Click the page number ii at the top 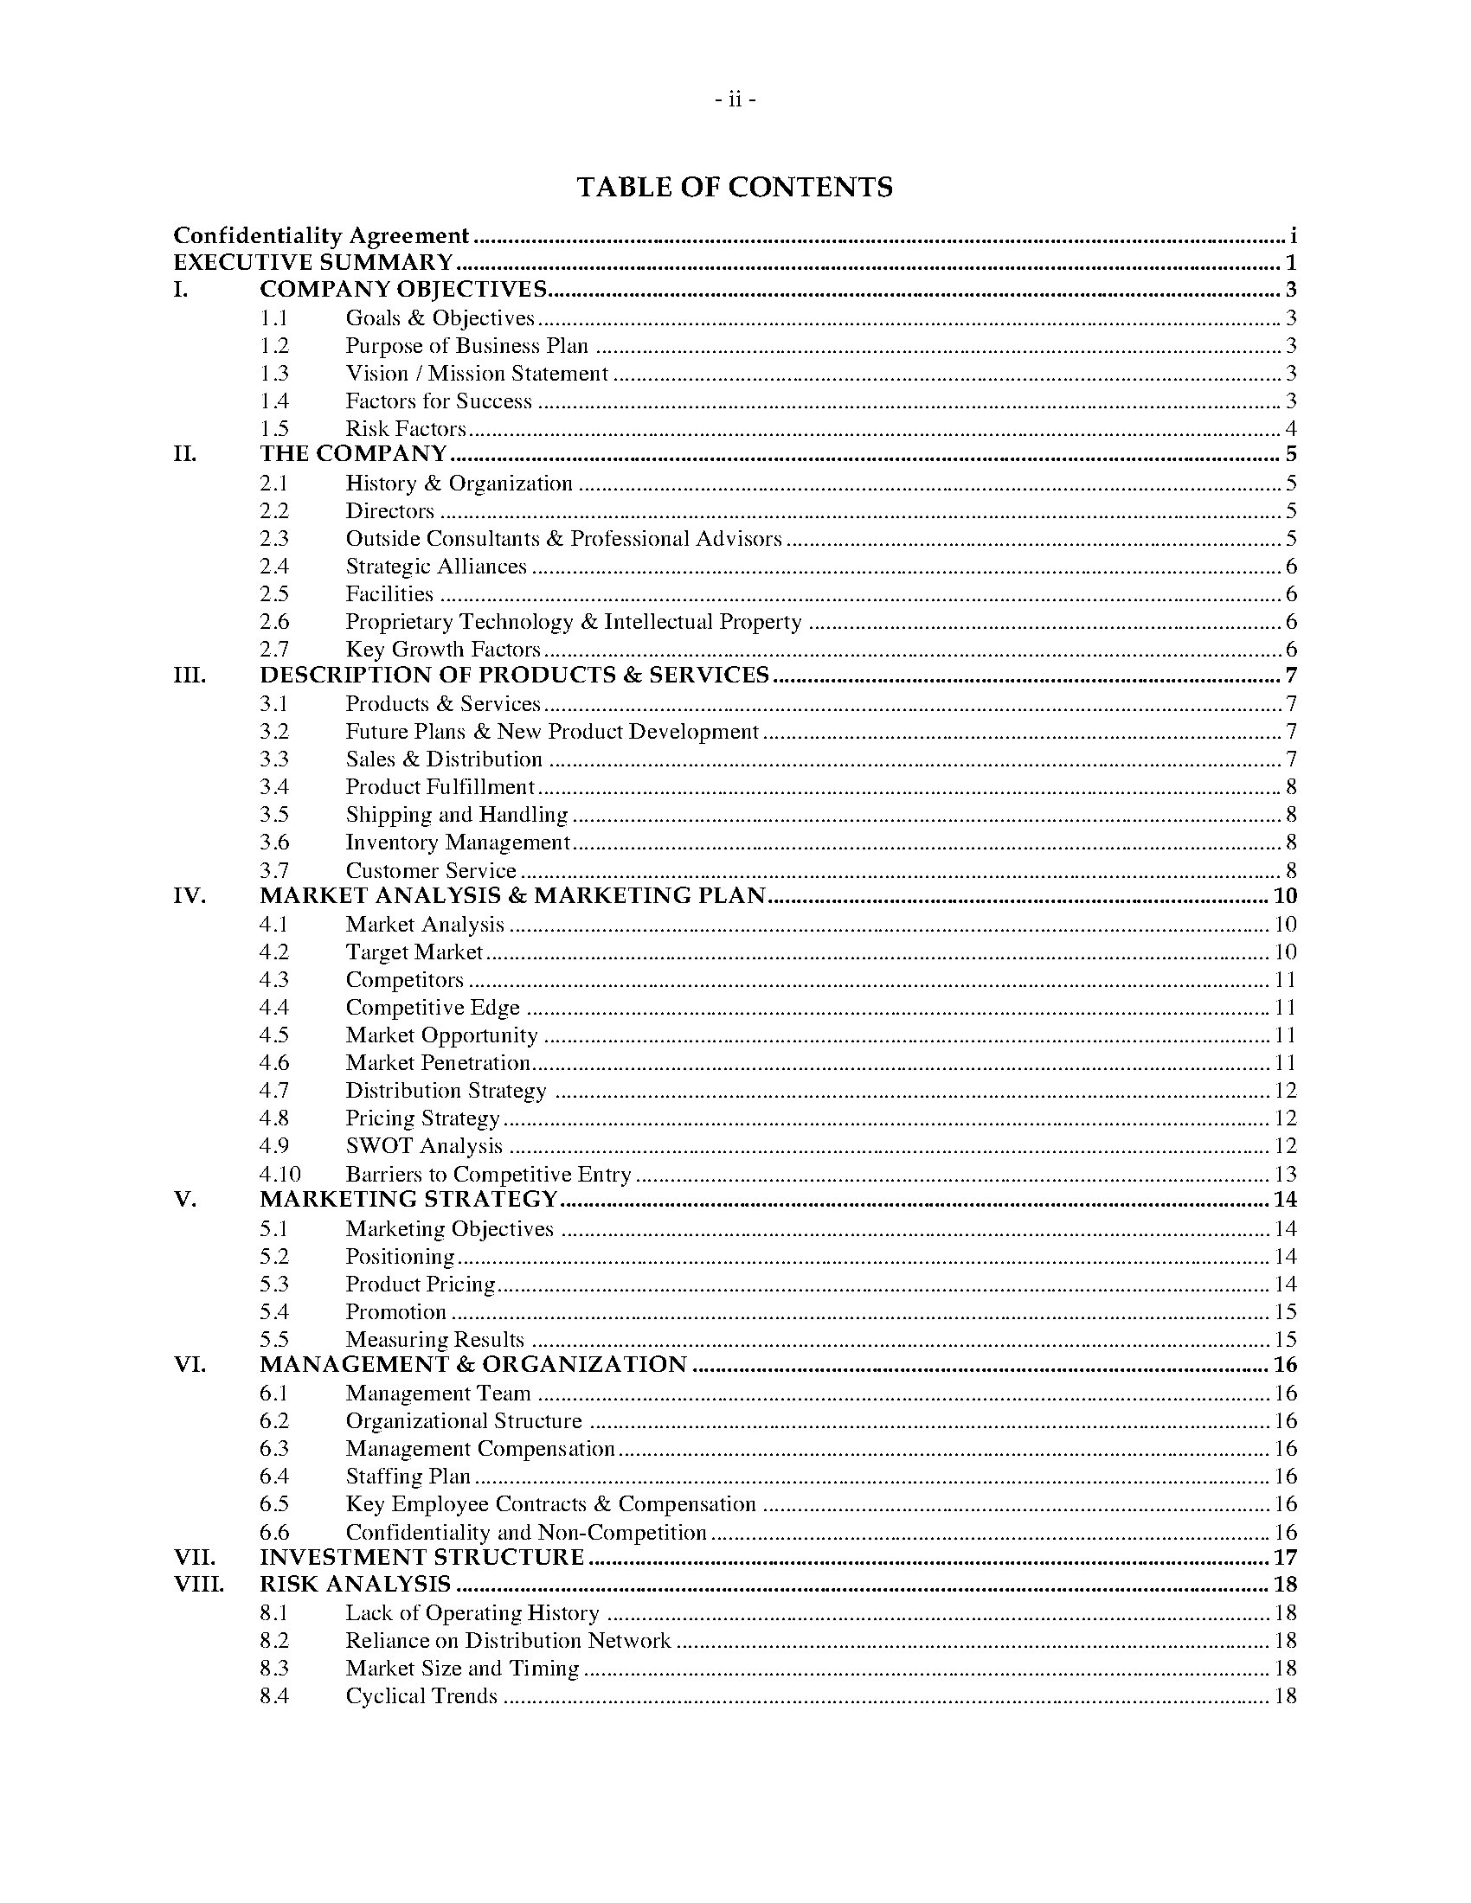click(735, 100)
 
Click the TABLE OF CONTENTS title click(735, 188)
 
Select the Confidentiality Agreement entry click(321, 235)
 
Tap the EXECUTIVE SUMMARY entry click(313, 262)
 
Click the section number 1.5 click(273, 429)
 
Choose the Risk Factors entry click(405, 429)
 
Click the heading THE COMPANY click(353, 454)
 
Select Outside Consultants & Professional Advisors click(563, 539)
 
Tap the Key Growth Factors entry click(443, 649)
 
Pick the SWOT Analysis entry click(423, 1146)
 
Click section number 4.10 click(279, 1174)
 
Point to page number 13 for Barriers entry click(1285, 1174)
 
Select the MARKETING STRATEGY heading click(408, 1199)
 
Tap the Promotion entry click(395, 1312)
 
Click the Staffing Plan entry click(408, 1476)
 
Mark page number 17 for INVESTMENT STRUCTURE click(1285, 1557)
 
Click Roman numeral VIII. click(199, 1584)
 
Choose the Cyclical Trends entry click(421, 1695)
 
